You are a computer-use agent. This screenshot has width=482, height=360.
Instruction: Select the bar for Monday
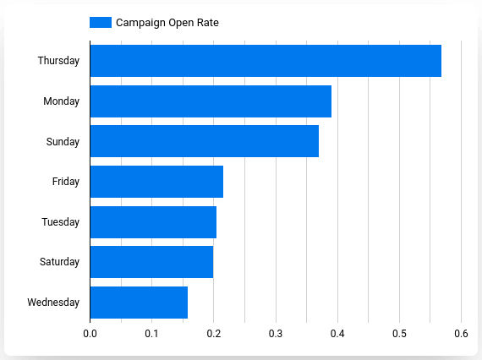[x=211, y=101]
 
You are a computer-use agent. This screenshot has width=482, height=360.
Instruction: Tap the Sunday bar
[x=205, y=141]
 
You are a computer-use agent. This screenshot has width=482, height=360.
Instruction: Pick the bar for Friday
[x=156, y=182]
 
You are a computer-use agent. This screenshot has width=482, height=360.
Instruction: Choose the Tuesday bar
[x=153, y=222]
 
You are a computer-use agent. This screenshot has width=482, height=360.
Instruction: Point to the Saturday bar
[x=151, y=262]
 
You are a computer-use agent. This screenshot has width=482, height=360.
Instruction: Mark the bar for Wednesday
[x=139, y=303]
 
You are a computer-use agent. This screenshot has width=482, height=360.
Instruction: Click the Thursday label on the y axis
[x=58, y=61]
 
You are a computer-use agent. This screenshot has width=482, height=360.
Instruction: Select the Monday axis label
[x=62, y=101]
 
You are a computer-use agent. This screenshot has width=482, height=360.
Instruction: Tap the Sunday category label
[x=63, y=141]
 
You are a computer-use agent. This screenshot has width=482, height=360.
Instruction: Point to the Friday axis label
[x=66, y=182]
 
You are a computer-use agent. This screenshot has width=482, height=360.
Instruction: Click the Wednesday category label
[x=53, y=303]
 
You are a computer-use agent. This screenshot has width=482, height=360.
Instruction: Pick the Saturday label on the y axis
[x=59, y=262]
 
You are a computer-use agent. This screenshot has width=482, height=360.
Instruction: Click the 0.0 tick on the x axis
[x=90, y=334]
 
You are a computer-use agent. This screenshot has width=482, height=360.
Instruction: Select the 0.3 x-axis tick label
[x=276, y=334]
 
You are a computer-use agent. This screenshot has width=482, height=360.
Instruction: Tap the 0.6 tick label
[x=461, y=334]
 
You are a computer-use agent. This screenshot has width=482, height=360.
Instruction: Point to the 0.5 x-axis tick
[x=399, y=334]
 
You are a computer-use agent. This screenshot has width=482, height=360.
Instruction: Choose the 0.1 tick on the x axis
[x=152, y=334]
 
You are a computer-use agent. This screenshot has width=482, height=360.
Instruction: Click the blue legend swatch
[x=100, y=23]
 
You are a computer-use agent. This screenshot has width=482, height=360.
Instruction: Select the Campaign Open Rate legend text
[x=167, y=23]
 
